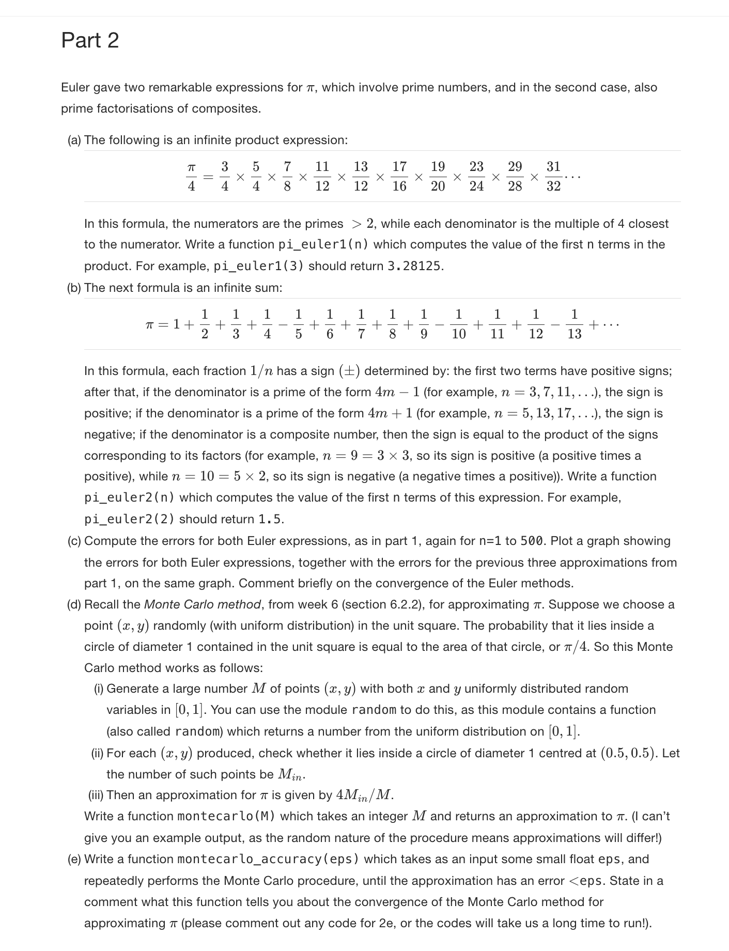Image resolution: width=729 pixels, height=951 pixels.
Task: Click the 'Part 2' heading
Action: point(90,40)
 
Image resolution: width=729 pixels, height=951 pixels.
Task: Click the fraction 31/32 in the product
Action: point(553,176)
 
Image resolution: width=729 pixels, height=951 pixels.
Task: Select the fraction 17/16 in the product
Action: point(399,176)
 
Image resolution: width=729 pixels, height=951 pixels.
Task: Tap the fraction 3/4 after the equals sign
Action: point(224,176)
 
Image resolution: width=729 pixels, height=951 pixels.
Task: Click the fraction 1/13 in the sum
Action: point(574,324)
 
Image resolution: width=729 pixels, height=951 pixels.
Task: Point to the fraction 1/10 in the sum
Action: point(458,324)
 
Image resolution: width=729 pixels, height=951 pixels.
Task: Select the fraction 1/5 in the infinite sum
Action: point(298,324)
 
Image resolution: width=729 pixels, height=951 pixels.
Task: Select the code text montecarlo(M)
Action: point(226,816)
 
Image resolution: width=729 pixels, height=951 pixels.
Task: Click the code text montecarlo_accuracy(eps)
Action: point(268,859)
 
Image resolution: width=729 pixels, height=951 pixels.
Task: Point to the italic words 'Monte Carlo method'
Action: point(203,604)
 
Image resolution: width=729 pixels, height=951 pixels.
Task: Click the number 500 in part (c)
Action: point(531,541)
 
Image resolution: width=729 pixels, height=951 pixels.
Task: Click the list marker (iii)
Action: point(96,795)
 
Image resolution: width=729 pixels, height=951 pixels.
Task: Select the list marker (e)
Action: point(74,859)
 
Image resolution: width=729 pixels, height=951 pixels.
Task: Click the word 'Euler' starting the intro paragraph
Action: point(75,87)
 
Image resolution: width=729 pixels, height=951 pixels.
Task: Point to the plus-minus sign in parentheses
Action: point(349,371)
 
